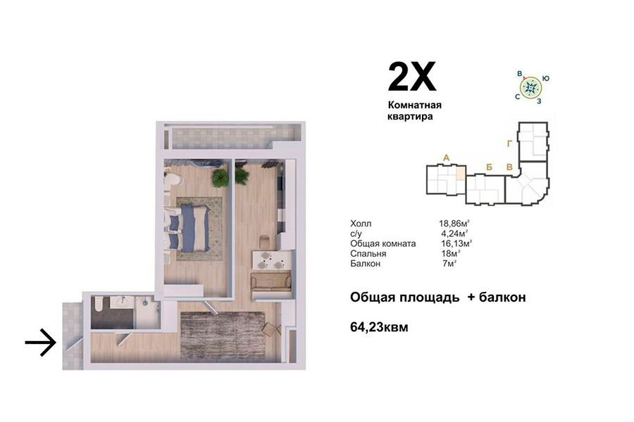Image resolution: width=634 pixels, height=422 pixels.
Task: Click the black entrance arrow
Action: tap(40, 343)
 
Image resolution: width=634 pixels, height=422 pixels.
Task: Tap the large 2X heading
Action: tap(412, 77)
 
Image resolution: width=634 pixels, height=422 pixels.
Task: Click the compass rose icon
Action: tap(530, 87)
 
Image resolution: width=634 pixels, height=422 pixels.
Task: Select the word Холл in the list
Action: tap(361, 224)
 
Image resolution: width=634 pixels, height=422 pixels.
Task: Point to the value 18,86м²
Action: tap(454, 224)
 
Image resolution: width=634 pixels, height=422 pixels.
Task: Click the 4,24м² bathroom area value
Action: tap(454, 234)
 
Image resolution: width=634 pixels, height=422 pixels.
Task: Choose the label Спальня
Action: tap(368, 254)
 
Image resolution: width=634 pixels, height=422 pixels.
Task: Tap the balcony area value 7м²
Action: tap(449, 264)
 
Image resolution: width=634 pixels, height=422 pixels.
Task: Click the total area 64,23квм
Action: tap(379, 326)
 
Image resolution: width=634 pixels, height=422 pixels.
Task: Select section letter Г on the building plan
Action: tap(509, 143)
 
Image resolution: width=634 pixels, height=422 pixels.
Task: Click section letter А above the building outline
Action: tap(447, 158)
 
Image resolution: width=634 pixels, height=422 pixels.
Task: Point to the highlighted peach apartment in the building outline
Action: tap(461, 174)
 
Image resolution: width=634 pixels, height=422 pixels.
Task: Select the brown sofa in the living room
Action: tap(271, 283)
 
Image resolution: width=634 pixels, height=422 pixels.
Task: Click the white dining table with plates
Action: tap(272, 260)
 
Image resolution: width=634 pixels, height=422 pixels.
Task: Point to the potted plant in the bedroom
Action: tap(220, 178)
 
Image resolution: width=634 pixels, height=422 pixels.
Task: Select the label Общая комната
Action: tap(383, 244)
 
